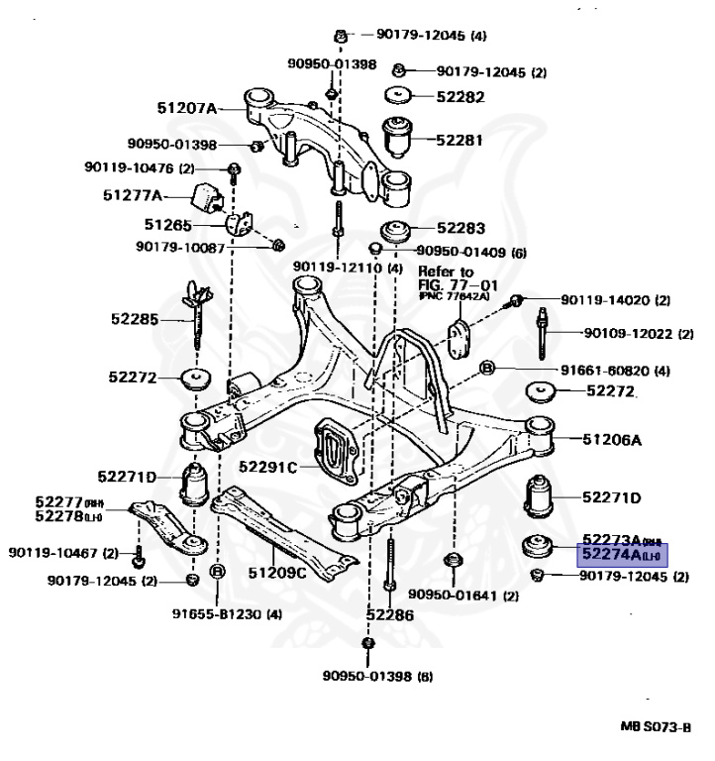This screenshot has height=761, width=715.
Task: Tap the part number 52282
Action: pos(460,97)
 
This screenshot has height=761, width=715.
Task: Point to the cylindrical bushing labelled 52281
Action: pos(399,139)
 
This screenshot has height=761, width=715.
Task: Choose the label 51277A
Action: pos(133,195)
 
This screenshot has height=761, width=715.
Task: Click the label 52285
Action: pos(134,319)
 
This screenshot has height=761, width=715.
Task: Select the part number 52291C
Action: pos(268,465)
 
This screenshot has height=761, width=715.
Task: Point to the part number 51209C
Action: pos(277,572)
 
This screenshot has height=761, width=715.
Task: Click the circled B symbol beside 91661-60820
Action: pos(486,370)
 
